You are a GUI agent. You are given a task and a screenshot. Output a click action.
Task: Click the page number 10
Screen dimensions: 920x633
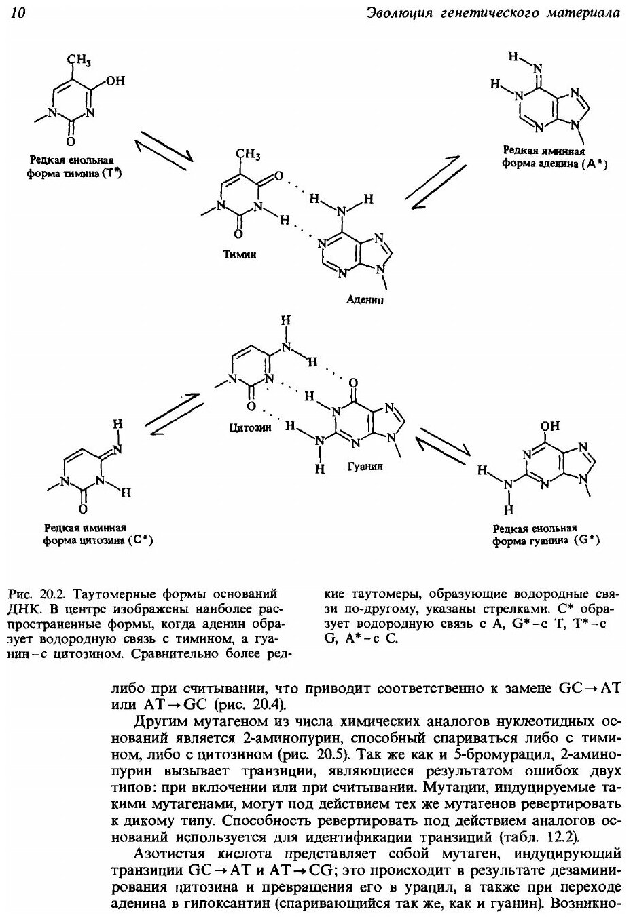click(18, 13)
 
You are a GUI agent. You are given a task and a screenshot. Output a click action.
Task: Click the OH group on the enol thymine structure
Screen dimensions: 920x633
click(115, 81)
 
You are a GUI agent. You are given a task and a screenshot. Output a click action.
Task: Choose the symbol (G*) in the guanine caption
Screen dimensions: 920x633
click(585, 541)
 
